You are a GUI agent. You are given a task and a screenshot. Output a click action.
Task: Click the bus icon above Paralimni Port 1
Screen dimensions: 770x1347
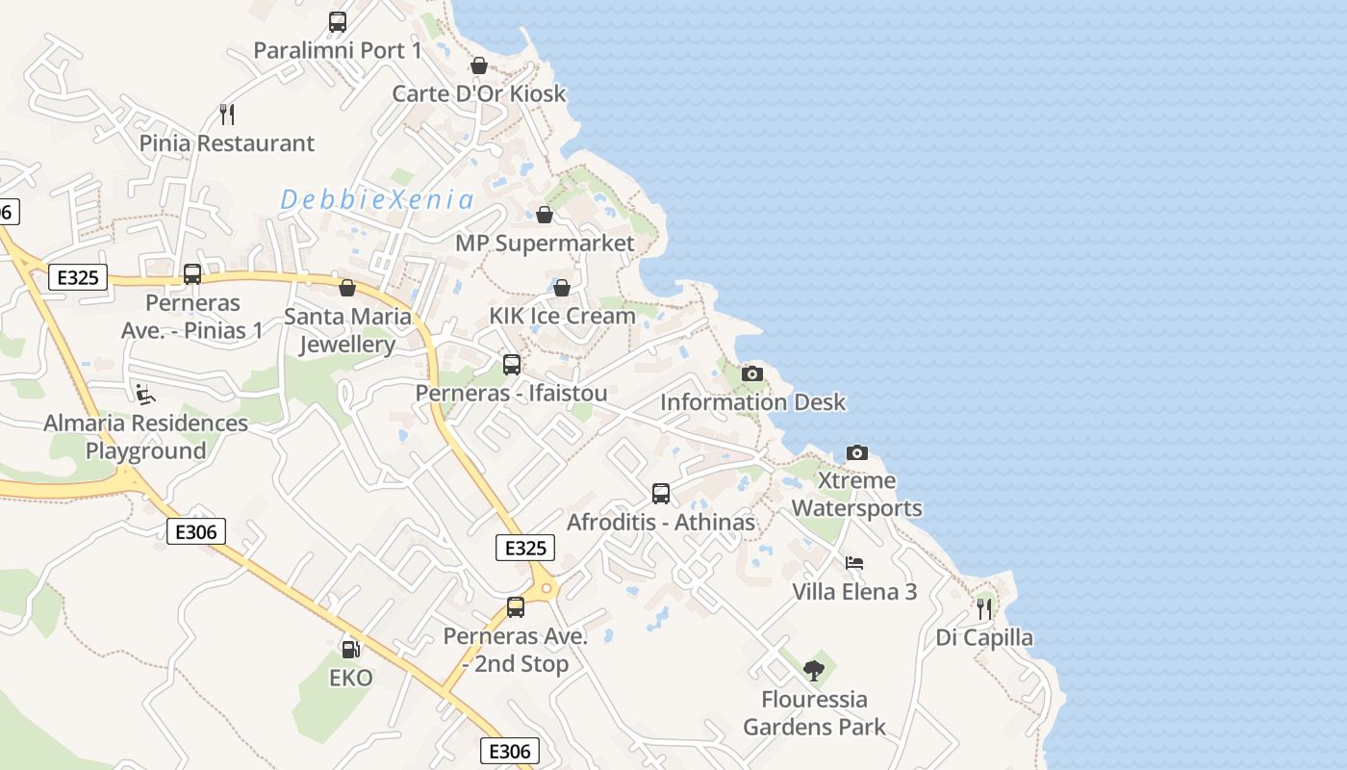[x=338, y=21]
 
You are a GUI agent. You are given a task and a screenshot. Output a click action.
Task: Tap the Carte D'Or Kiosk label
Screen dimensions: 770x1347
[x=479, y=93]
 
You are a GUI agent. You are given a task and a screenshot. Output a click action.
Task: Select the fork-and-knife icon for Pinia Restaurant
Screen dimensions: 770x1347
[x=227, y=115]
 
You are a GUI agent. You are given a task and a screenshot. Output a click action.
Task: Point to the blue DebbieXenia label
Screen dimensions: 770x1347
[x=377, y=200]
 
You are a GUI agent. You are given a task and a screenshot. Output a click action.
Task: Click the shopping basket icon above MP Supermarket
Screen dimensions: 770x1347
[x=545, y=214]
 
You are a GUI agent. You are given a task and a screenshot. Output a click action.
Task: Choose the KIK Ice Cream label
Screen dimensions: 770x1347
[x=562, y=316]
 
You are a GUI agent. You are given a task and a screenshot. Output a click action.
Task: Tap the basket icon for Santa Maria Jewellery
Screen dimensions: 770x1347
[x=347, y=288]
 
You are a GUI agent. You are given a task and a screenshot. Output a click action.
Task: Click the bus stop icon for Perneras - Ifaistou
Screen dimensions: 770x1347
[x=512, y=365]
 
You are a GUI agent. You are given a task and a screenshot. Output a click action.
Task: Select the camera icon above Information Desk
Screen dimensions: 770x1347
[x=752, y=373]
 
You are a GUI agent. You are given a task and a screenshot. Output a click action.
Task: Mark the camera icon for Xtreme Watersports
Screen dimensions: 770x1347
[x=856, y=452]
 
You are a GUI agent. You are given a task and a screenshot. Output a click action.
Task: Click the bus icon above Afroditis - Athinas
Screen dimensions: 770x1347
[x=661, y=494]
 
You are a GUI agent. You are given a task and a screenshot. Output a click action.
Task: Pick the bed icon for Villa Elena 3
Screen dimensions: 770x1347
[x=854, y=563]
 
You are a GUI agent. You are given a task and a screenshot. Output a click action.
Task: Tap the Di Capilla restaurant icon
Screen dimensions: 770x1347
[x=984, y=609]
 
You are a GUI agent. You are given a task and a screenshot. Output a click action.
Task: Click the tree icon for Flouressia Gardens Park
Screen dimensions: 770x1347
[x=814, y=671]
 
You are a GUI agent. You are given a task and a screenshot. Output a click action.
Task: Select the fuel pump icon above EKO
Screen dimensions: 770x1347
[x=351, y=650]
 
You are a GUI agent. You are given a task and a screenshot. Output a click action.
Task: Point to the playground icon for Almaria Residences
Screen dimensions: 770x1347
[x=144, y=394]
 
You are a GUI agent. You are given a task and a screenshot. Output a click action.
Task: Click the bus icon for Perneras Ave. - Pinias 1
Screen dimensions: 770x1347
[x=192, y=274]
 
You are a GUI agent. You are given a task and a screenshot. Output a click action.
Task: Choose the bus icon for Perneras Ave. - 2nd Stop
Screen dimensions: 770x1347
[x=516, y=607]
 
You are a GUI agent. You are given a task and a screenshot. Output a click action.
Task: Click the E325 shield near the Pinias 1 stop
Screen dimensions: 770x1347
[x=78, y=278]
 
